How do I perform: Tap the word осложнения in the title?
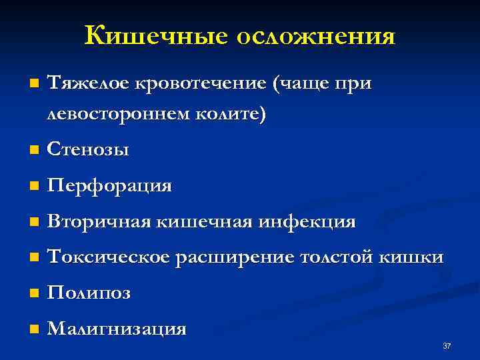(x=315, y=35)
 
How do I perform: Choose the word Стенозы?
(x=89, y=151)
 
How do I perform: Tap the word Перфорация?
(x=110, y=186)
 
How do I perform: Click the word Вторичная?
(x=100, y=221)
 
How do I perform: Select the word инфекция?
(x=314, y=221)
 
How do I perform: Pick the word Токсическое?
(x=109, y=257)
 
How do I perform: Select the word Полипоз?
(x=89, y=293)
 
